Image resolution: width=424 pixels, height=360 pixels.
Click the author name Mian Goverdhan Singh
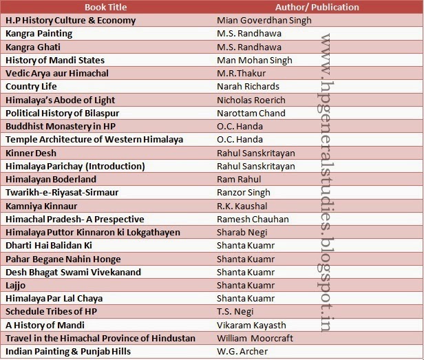click(264, 20)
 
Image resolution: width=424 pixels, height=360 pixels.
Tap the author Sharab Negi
click(243, 233)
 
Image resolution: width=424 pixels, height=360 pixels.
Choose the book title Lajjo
click(17, 286)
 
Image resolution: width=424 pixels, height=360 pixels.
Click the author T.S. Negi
click(236, 312)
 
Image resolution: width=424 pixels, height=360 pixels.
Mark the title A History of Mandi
click(45, 325)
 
